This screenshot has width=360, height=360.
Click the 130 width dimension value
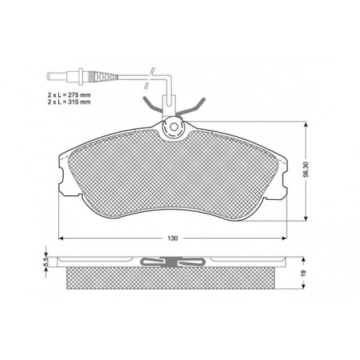[x=173, y=238]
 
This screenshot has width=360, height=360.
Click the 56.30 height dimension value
[x=306, y=170]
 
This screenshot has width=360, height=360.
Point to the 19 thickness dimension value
[x=304, y=272]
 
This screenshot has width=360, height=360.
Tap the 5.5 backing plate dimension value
[x=45, y=262]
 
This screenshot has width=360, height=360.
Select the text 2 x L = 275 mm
[x=69, y=95]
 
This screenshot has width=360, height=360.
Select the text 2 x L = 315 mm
[x=69, y=102]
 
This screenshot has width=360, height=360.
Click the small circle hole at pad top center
[x=174, y=127]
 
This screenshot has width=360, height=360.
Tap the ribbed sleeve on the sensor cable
[x=102, y=76]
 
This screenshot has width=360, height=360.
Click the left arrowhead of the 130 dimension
[x=61, y=238]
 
